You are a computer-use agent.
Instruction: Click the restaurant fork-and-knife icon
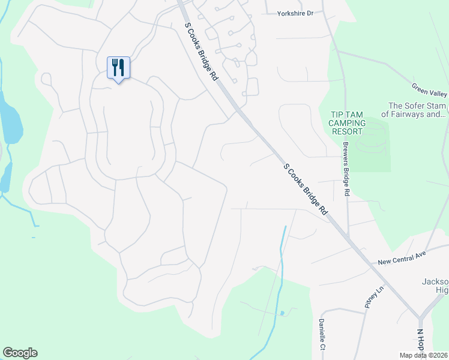coord(118,67)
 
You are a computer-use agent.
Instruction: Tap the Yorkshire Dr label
coord(295,13)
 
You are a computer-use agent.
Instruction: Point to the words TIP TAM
coord(348,115)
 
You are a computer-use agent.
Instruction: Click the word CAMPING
coord(348,123)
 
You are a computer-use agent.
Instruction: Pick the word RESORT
coord(348,131)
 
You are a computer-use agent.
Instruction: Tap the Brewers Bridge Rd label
coord(346,170)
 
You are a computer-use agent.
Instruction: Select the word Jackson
coord(438,282)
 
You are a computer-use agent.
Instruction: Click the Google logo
coord(20,353)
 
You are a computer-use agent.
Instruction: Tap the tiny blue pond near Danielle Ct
coord(282,313)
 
